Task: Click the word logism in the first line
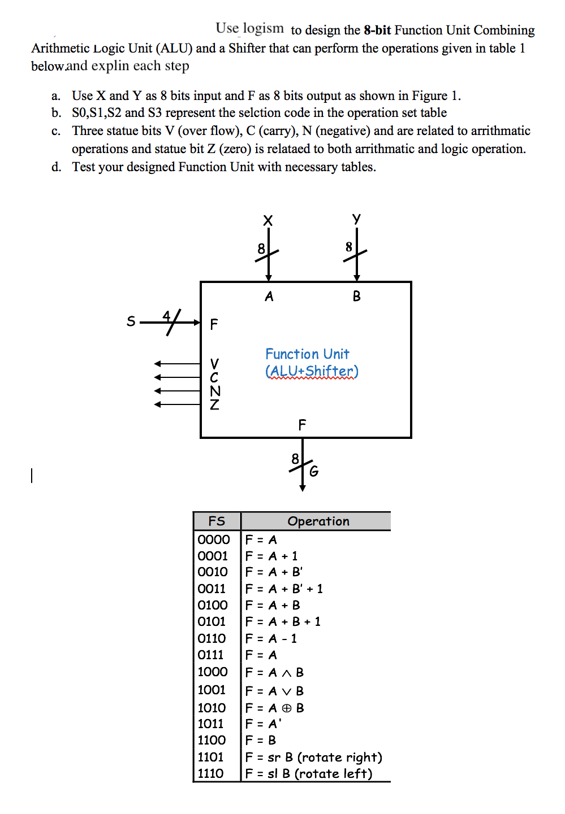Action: pyautogui.click(x=263, y=28)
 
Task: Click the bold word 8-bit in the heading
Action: pyautogui.click(x=377, y=30)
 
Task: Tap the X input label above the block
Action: pyautogui.click(x=268, y=220)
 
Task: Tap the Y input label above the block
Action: pyautogui.click(x=356, y=219)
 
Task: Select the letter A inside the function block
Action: pyautogui.click(x=269, y=297)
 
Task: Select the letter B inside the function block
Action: pyautogui.click(x=356, y=297)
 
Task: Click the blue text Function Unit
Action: pyautogui.click(x=307, y=354)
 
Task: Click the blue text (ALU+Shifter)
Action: pyautogui.click(x=312, y=371)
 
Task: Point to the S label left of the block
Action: pyautogui.click(x=131, y=321)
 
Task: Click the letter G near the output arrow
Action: pyautogui.click(x=314, y=471)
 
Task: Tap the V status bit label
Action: pyautogui.click(x=214, y=363)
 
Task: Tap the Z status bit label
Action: pyautogui.click(x=214, y=404)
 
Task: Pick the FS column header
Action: pyautogui.click(x=217, y=521)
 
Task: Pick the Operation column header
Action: pyautogui.click(x=318, y=521)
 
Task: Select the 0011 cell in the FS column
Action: pyautogui.click(x=212, y=589)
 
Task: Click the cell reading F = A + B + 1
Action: pyautogui.click(x=283, y=621)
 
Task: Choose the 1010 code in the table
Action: pyautogui.click(x=212, y=708)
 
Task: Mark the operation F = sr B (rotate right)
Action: pyautogui.click(x=314, y=757)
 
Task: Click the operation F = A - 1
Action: pyautogui.click(x=271, y=638)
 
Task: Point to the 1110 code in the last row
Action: pyautogui.click(x=210, y=773)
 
